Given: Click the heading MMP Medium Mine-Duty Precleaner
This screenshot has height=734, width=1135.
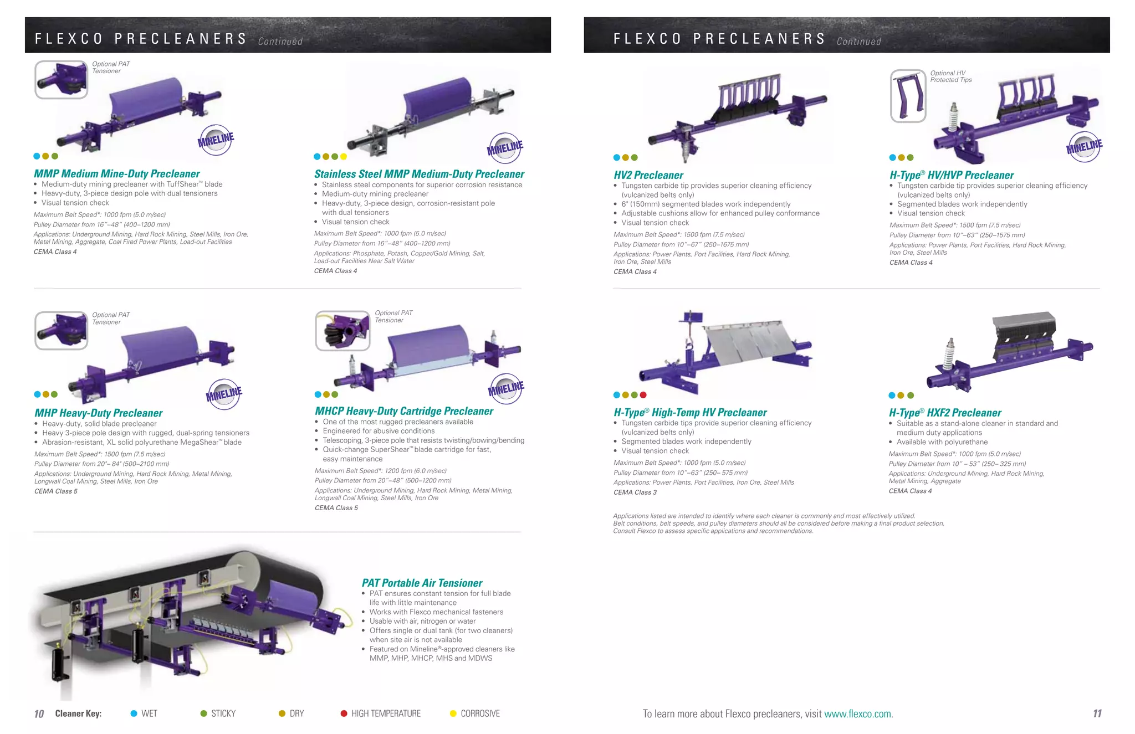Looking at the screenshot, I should pos(116,174).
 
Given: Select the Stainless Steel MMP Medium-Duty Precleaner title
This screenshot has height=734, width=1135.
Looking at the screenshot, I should pos(419,174).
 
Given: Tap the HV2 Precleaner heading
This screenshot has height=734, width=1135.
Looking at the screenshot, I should pos(648,176).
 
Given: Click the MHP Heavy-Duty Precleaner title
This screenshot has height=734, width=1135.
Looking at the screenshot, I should pos(98,413).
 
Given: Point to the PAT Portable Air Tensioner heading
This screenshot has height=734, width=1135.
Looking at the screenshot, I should pos(422,583).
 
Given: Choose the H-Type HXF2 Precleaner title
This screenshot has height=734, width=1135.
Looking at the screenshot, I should pos(945,413).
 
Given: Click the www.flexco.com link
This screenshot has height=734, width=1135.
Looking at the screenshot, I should pos(858,714).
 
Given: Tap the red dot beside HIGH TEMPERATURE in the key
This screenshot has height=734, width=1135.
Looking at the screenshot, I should pos(344,714).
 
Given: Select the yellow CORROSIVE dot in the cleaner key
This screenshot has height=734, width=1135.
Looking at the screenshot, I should pos(453,714).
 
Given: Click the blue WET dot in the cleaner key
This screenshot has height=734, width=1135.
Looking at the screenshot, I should pos(134,714).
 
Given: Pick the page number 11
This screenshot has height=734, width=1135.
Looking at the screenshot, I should pos(1097,714).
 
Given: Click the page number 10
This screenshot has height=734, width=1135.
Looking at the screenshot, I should pos(39,714).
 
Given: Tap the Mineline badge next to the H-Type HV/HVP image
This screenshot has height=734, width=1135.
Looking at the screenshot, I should pos(1084,147).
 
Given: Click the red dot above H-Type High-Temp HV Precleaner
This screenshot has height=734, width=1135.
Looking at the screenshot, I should pos(643,395).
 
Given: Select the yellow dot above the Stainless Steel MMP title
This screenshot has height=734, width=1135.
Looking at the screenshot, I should pos(344,157).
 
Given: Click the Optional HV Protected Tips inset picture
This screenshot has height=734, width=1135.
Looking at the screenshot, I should pos(908,96).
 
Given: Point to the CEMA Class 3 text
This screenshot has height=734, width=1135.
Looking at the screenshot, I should pos(635,492).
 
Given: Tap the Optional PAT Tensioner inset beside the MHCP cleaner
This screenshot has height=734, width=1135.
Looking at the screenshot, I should pos(342,331).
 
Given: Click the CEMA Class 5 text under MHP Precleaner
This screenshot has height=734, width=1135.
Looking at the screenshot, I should pos(56,491).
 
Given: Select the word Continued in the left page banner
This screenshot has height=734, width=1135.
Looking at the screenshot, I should pos(280,42).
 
